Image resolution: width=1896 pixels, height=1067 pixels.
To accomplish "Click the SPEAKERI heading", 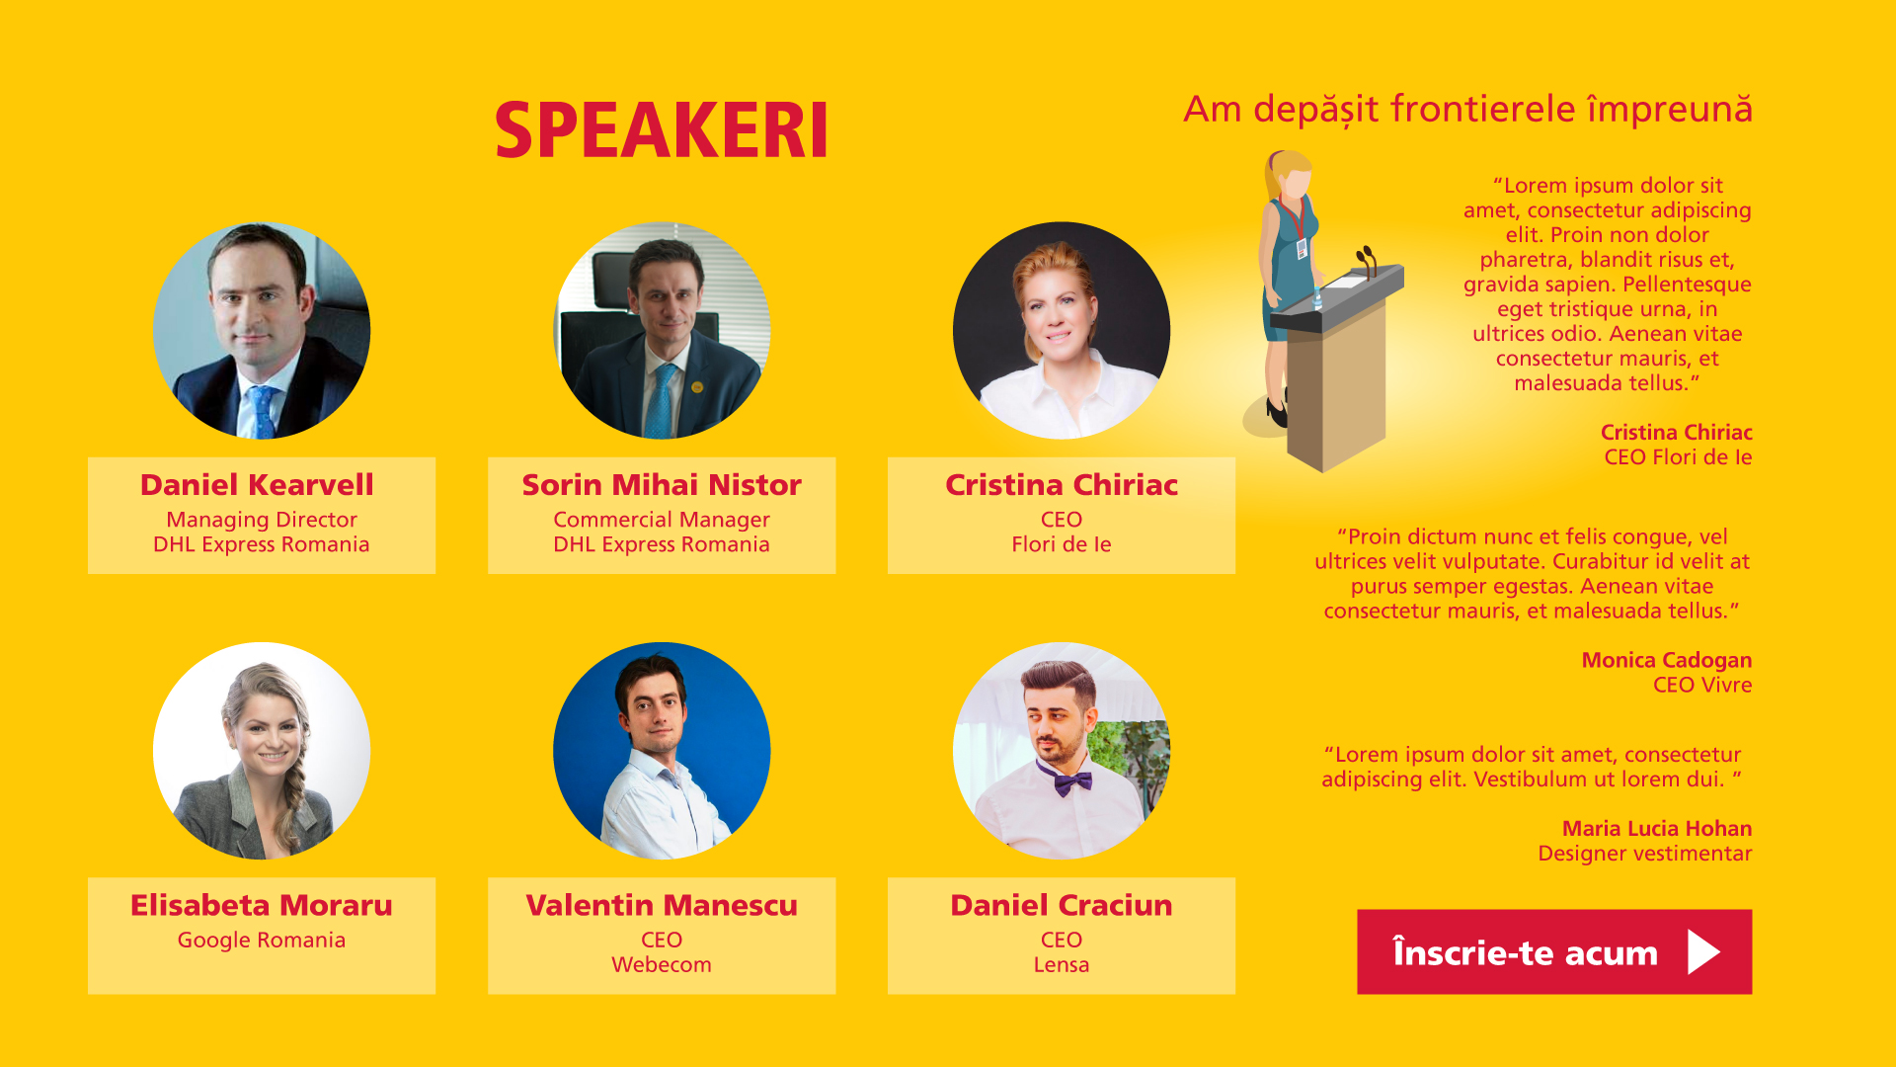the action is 661,130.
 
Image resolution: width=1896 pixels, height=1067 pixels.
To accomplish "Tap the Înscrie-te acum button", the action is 1554,951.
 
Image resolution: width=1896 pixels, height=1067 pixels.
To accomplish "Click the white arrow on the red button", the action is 1703,951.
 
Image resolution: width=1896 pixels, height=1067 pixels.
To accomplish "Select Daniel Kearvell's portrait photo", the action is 262,330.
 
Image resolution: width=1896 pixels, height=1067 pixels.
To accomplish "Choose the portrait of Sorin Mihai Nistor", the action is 662,330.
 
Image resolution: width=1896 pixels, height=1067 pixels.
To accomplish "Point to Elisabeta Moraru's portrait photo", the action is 262,751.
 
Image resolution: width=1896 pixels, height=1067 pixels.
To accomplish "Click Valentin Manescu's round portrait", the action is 662,751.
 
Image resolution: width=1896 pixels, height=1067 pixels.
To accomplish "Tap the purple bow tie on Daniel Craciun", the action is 1064,780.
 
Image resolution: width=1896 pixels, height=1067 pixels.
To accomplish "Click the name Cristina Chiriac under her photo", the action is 1062,485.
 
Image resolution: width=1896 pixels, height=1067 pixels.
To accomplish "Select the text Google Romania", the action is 262,941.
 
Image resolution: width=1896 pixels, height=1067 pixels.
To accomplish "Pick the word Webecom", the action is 662,965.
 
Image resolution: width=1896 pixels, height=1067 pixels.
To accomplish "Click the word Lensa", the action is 1062,965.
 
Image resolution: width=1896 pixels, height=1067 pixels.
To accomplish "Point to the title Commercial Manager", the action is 662,520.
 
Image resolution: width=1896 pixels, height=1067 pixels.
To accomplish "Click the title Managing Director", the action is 262,520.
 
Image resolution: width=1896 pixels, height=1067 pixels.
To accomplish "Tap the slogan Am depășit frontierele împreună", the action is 1467,110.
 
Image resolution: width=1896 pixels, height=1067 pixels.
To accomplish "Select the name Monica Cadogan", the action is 1667,660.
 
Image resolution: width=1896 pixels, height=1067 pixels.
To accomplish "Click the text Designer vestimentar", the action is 1645,854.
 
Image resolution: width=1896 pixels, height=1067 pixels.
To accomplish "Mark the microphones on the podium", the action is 1367,260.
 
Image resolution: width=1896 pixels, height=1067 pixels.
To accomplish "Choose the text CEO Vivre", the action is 1702,685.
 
